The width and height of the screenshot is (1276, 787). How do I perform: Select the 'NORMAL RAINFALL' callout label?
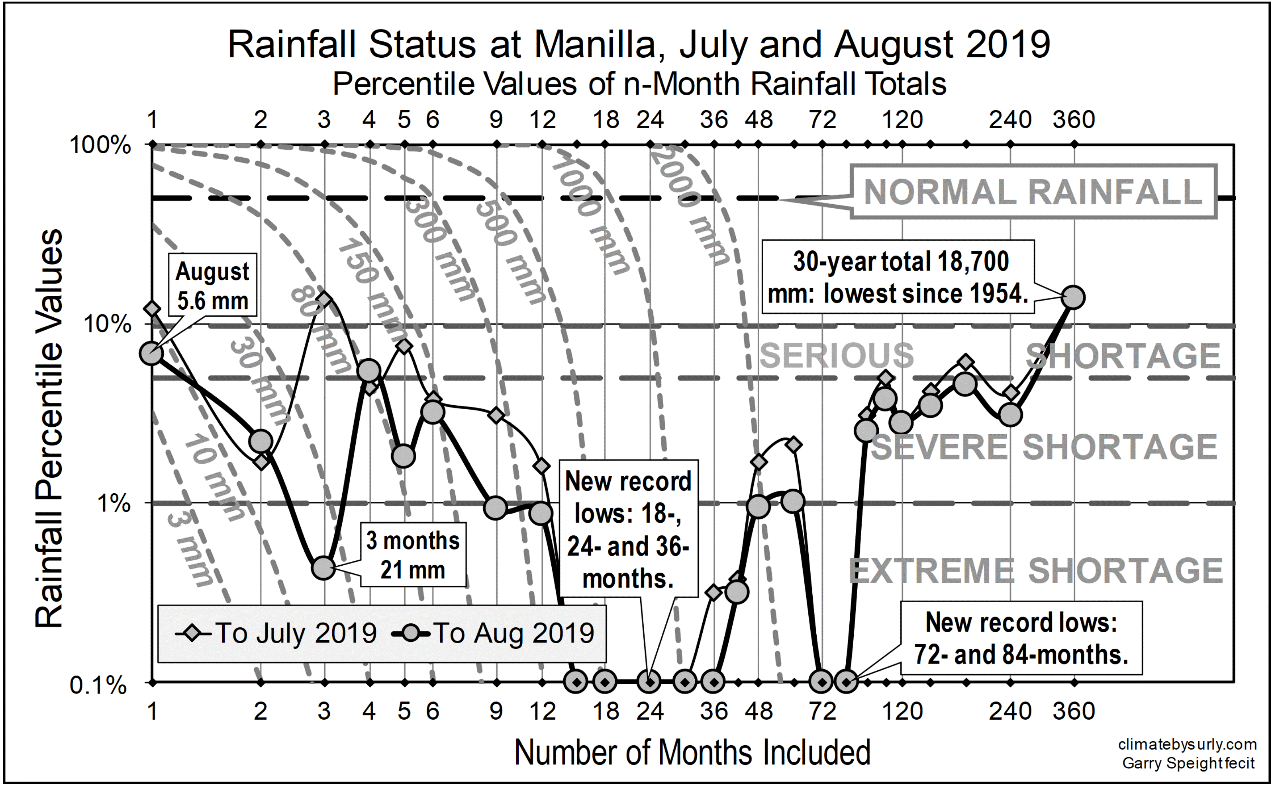(1033, 192)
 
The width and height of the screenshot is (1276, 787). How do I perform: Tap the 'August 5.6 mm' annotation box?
(212, 285)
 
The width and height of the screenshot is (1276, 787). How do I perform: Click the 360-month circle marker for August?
(1073, 298)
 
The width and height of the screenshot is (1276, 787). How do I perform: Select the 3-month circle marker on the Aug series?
(323, 568)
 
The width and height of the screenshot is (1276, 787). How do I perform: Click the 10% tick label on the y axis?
(107, 324)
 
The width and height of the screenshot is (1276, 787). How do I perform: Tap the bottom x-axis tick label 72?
(822, 711)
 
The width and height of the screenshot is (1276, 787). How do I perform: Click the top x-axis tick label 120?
(902, 120)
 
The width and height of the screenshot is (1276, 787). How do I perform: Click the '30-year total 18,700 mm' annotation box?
(898, 277)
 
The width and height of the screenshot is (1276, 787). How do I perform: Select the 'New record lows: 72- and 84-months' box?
(1021, 638)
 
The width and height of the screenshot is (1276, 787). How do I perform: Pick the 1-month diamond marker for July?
(152, 309)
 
